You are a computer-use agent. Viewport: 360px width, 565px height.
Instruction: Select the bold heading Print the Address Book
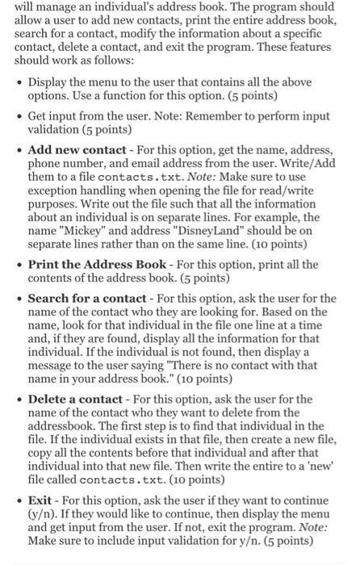(x=100, y=264)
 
